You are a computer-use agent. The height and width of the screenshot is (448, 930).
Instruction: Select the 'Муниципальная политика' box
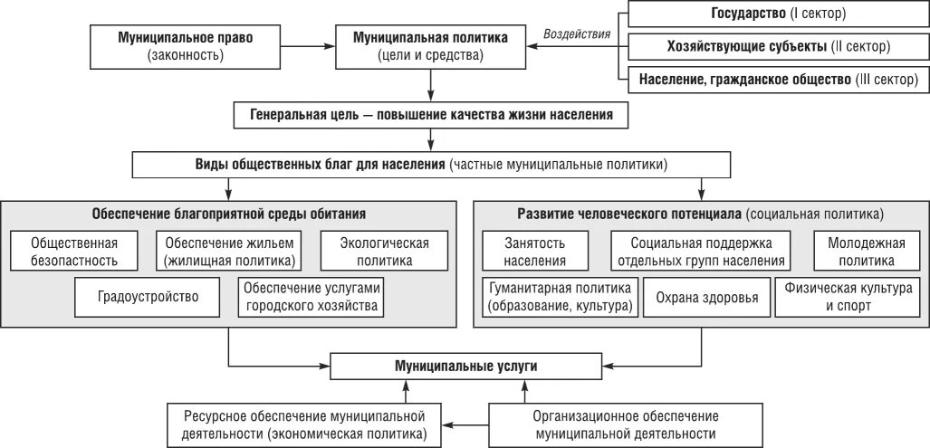(430, 47)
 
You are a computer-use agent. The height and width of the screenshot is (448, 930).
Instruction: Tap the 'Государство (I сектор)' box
(773, 14)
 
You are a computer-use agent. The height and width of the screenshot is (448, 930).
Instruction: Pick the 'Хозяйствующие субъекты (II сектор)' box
(773, 46)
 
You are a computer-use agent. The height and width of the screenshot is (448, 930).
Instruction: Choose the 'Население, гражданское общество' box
(773, 80)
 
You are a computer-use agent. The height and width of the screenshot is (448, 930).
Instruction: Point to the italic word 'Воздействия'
(576, 34)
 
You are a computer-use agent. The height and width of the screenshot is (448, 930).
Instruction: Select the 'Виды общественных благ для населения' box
(431, 165)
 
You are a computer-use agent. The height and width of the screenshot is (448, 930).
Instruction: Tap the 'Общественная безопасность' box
(75, 251)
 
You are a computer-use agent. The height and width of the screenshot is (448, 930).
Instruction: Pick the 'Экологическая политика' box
(384, 251)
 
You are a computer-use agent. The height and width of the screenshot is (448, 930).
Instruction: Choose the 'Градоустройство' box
(149, 296)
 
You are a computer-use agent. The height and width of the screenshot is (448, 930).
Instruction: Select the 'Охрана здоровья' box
(706, 296)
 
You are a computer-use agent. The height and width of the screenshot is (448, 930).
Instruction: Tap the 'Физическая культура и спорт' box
(848, 296)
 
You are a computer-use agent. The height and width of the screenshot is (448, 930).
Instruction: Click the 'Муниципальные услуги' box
(465, 367)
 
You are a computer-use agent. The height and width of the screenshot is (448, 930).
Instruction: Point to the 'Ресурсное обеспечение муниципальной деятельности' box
(305, 424)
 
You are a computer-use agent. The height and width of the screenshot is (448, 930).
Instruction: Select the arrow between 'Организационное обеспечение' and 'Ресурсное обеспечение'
(465, 424)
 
